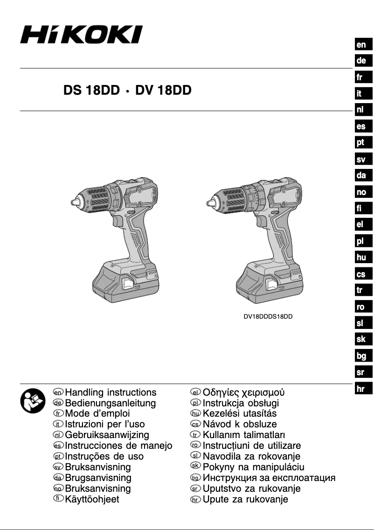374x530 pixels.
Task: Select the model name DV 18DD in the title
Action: (x=163, y=91)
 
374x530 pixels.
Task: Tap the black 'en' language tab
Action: (x=361, y=45)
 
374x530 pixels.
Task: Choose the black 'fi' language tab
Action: (x=361, y=208)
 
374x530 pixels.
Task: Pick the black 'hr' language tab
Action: (x=361, y=388)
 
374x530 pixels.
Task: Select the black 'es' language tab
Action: (x=361, y=126)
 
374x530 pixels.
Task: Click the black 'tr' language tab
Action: (x=361, y=290)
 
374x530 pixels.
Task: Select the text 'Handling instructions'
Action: (x=111, y=392)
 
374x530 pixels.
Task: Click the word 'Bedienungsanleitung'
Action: (x=111, y=403)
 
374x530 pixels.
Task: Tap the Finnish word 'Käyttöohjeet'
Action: (x=92, y=499)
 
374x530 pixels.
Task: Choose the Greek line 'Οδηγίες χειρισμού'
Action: (x=244, y=392)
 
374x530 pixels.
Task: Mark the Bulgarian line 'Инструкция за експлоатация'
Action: (x=269, y=478)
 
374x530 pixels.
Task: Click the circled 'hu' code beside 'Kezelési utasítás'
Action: (x=196, y=414)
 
